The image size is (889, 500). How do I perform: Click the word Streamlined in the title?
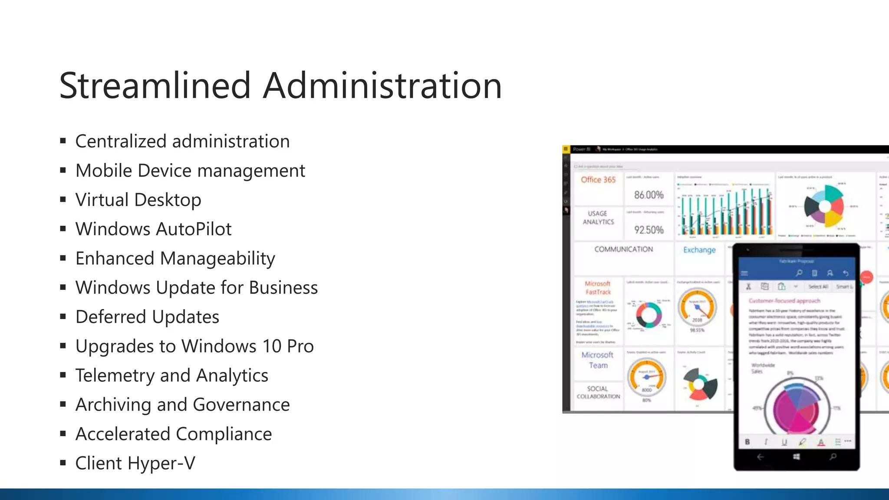click(155, 86)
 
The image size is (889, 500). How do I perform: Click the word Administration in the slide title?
click(382, 86)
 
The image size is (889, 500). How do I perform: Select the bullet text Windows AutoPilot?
click(153, 229)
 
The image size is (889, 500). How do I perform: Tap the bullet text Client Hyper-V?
click(135, 463)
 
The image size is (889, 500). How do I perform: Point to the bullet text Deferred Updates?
click(147, 317)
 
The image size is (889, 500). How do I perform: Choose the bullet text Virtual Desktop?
click(138, 200)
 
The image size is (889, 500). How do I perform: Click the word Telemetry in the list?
click(115, 375)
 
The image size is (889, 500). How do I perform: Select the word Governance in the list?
click(241, 405)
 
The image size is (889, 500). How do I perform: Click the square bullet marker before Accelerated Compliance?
click(63, 433)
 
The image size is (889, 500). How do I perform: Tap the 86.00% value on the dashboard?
click(649, 195)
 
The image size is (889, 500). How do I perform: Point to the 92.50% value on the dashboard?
click(649, 230)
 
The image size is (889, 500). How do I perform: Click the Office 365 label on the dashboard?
click(598, 180)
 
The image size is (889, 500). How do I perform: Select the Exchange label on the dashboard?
click(699, 250)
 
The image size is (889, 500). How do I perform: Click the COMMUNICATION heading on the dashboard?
click(623, 249)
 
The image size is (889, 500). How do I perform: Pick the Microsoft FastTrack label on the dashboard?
click(598, 288)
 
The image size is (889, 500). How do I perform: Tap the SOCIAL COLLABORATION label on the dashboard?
click(598, 392)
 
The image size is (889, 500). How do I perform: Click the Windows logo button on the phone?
click(796, 457)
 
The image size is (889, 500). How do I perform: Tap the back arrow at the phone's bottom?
click(760, 457)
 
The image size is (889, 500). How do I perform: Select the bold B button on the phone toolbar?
click(747, 442)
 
